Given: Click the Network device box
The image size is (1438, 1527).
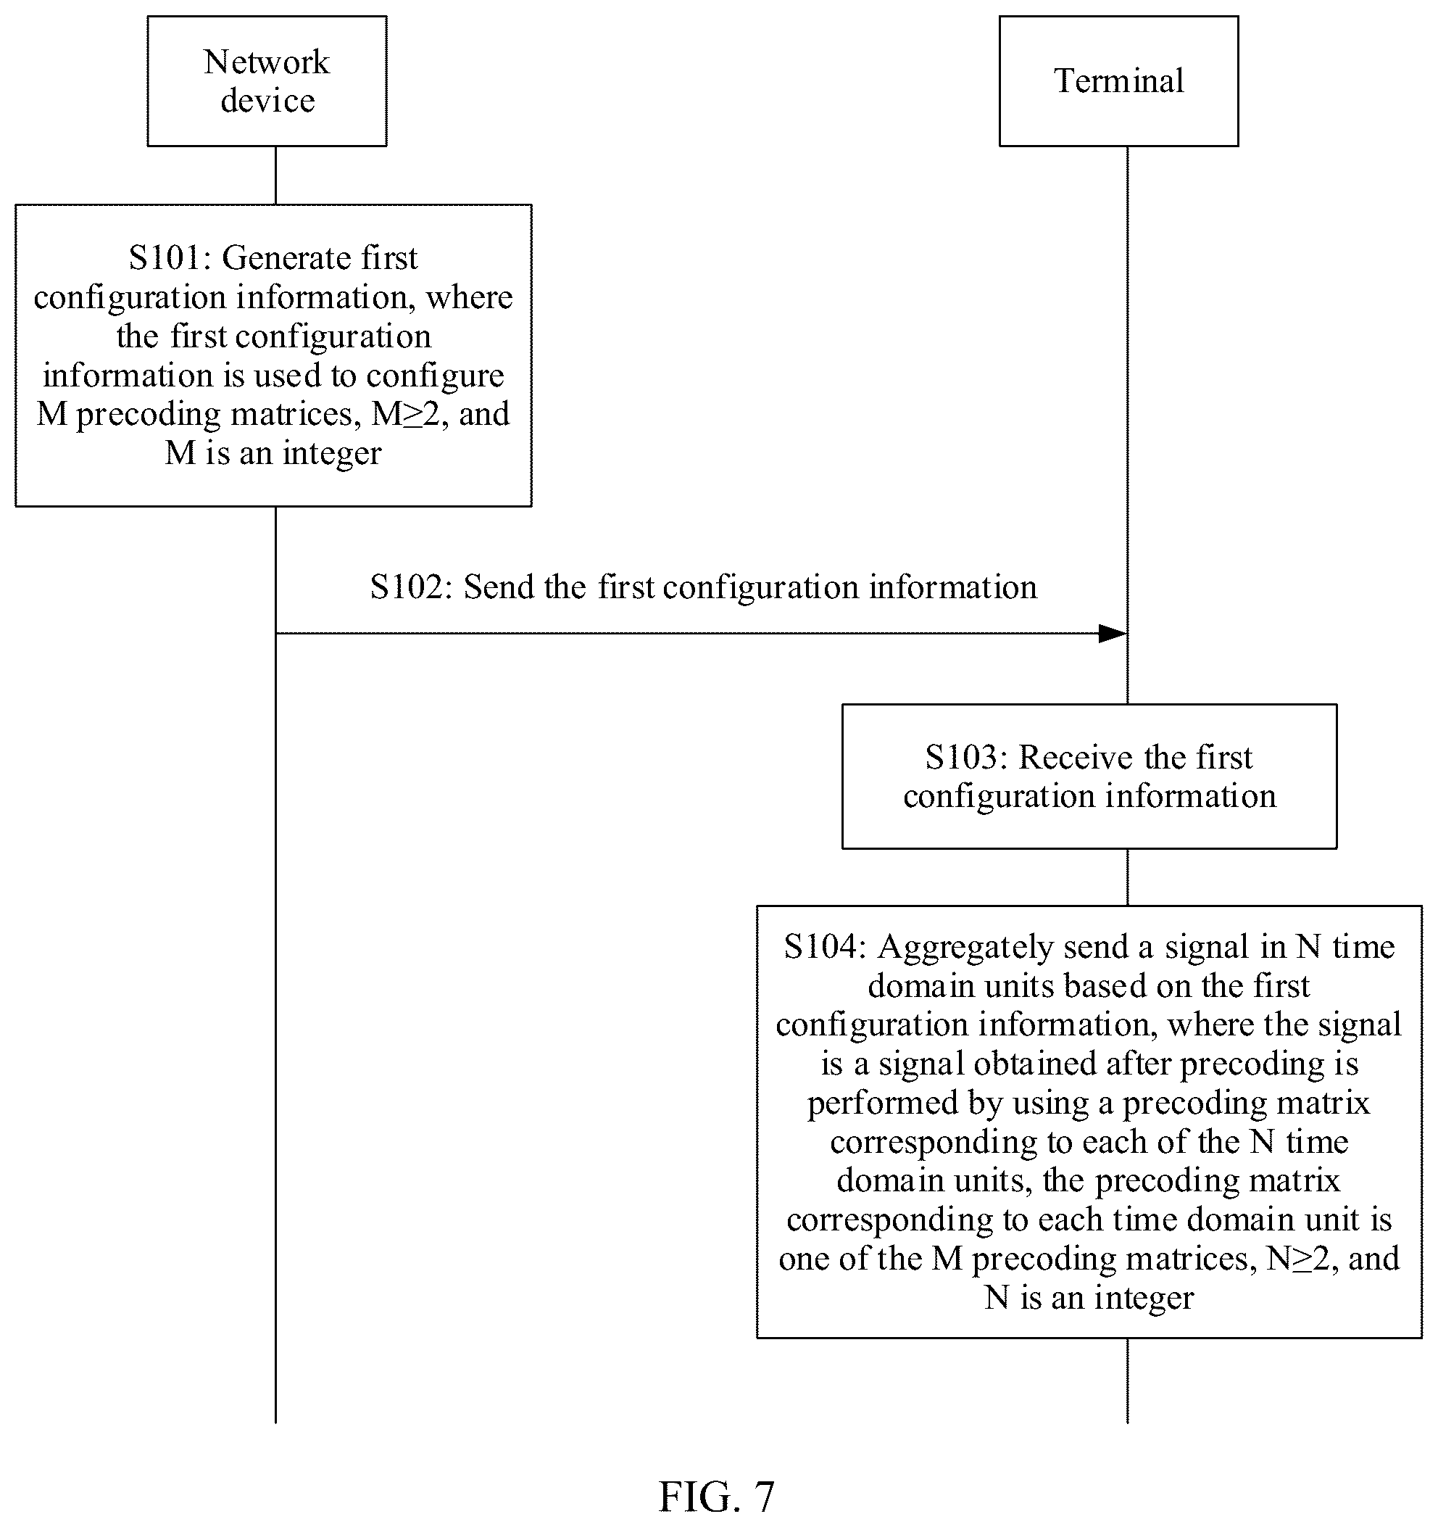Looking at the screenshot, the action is tap(267, 81).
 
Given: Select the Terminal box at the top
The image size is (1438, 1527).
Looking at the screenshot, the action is tap(1118, 81).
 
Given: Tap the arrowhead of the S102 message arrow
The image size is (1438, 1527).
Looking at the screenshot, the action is tap(1113, 634).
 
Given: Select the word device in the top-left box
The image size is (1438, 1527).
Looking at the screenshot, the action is tap(267, 101).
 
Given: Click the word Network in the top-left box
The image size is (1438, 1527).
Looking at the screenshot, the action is tap(267, 62).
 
